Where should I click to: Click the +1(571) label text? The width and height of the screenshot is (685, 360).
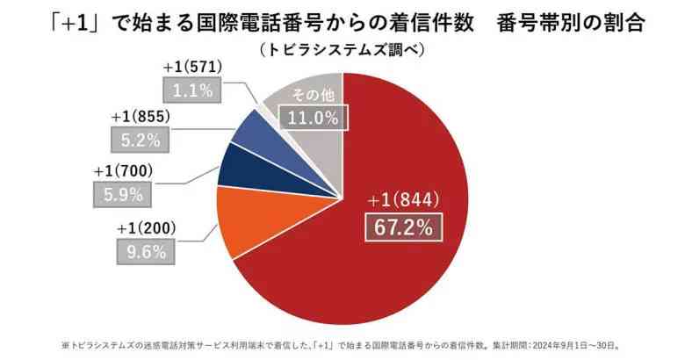[192, 67]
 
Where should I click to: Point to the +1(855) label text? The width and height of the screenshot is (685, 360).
[141, 117]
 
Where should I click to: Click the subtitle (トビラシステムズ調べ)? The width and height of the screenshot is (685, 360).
[342, 51]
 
